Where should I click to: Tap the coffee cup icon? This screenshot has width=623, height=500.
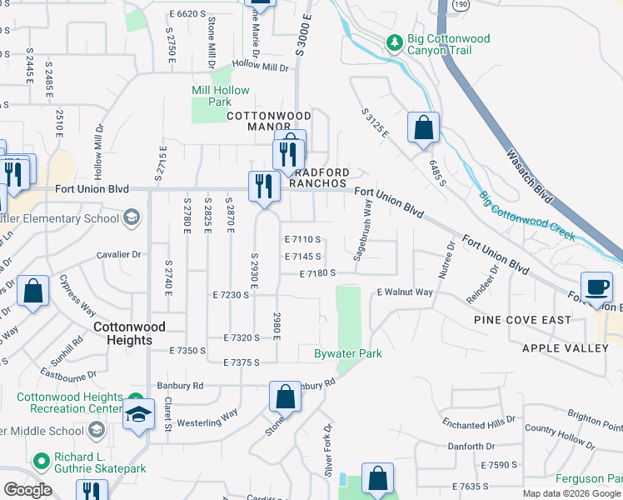pos(596,287)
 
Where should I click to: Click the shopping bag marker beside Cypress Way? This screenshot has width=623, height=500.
pos(32,292)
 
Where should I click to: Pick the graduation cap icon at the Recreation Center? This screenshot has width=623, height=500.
pos(138,414)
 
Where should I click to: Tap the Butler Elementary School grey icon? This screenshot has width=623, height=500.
pos(131,218)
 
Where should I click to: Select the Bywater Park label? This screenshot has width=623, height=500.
pos(347,354)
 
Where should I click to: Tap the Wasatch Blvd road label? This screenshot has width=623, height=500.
pos(529,175)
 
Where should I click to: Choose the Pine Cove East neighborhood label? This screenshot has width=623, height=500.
pos(522,320)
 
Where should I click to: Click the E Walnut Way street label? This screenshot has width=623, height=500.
pos(405,292)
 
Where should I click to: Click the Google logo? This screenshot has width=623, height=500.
pos(27,490)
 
